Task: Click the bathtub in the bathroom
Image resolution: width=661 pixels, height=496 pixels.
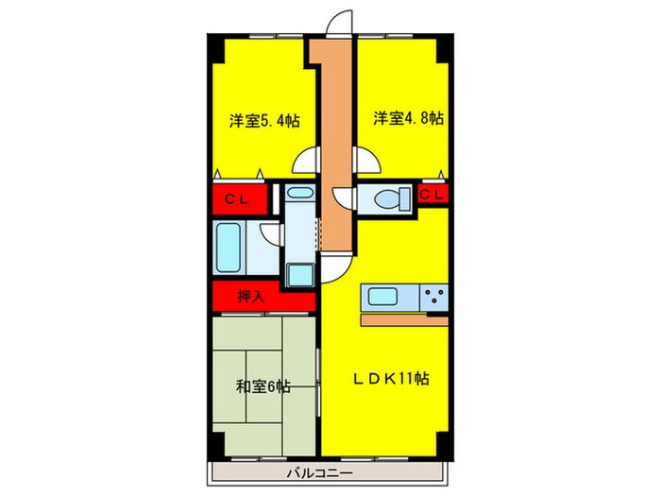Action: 230,248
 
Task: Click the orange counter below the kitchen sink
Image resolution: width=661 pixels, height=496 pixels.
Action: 404,319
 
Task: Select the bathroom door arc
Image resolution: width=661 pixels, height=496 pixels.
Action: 271,240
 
